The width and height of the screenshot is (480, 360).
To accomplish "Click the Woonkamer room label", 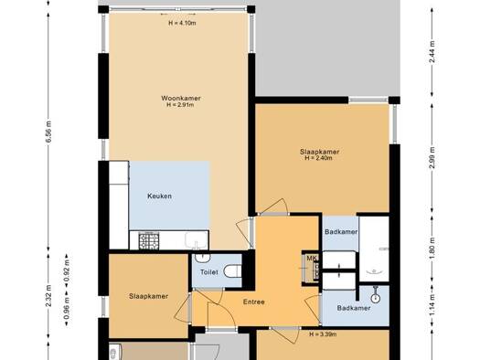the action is click(x=181, y=98).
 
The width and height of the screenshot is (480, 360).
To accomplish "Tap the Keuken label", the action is click(x=159, y=196).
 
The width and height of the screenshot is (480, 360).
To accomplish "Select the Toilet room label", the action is click(x=209, y=272).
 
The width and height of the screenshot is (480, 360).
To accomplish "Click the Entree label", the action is click(x=254, y=302).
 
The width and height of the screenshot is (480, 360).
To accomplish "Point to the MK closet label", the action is click(x=312, y=259).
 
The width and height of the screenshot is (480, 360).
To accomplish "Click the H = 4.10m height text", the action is click(x=182, y=23).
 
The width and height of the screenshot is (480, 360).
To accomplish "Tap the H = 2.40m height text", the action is click(x=319, y=158).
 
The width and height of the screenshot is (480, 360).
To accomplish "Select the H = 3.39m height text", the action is click(x=323, y=334).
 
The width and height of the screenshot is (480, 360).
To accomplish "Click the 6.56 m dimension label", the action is click(x=49, y=132).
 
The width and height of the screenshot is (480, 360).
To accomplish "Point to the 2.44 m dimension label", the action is click(x=432, y=52).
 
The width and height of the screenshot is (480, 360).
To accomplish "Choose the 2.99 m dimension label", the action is click(x=432, y=158).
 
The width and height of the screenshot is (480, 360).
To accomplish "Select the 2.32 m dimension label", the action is click(x=48, y=296).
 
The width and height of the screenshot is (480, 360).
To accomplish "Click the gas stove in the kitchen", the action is click(x=149, y=240).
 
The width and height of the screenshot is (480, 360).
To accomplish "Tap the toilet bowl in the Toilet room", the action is click(x=232, y=271).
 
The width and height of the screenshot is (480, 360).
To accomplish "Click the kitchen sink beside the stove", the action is click(x=197, y=239).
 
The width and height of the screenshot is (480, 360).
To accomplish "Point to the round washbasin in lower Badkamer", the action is click(x=376, y=298).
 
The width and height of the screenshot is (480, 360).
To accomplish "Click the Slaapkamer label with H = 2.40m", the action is click(x=320, y=152).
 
